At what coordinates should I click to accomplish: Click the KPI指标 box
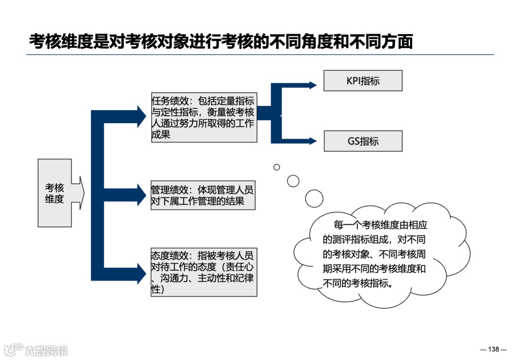click(x=363, y=81)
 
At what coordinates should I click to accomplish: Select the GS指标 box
click(x=363, y=141)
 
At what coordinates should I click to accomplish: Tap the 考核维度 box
click(x=54, y=193)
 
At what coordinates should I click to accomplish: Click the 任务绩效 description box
click(x=204, y=117)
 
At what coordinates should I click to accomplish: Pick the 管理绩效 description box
click(x=202, y=195)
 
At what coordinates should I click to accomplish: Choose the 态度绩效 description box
click(x=204, y=272)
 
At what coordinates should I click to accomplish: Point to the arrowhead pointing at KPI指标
click(x=313, y=86)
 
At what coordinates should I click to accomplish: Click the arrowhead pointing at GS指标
click(x=313, y=141)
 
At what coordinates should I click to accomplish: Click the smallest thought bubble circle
click(x=277, y=167)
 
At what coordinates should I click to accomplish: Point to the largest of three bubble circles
click(x=314, y=198)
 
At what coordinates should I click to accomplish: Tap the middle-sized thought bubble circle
click(x=293, y=181)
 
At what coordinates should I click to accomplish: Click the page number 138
click(x=494, y=349)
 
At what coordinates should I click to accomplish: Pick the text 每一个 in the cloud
click(x=346, y=225)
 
